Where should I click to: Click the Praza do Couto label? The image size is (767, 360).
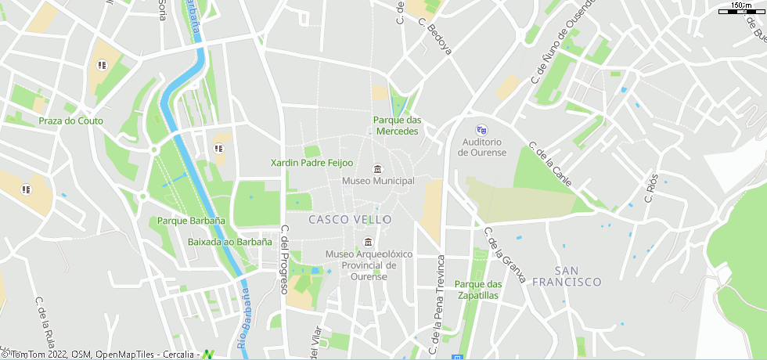[x=70, y=121]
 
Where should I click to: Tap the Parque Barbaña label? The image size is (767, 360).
[x=191, y=221]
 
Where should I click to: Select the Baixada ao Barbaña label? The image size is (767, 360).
[x=230, y=242]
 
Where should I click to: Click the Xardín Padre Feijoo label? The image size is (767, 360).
[x=311, y=163]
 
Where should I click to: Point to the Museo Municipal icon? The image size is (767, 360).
[x=378, y=170]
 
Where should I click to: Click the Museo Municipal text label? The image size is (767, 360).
[x=378, y=182]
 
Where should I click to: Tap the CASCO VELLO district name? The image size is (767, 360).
[x=350, y=220]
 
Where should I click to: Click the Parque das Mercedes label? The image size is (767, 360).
[x=398, y=125]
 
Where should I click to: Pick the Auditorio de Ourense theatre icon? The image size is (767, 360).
[x=482, y=130]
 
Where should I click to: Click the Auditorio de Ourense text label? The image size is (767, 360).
[x=482, y=147]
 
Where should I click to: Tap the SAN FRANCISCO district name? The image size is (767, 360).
[x=567, y=275]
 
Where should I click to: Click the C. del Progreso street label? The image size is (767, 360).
[x=284, y=260]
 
